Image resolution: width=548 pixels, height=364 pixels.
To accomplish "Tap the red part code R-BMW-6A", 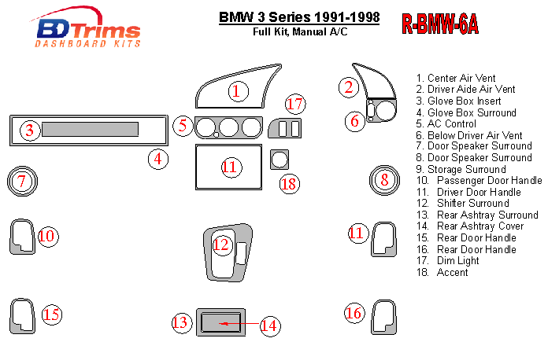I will pos(440,24).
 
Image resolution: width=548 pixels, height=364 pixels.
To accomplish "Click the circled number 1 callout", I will pos(235,91).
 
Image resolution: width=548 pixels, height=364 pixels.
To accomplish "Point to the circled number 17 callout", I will pos(295,103).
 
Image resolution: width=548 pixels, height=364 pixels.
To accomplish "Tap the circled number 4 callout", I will pos(159,159).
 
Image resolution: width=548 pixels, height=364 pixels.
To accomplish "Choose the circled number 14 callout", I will pos(270,325).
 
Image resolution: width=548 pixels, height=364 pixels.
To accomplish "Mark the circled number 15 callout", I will pos(51,314).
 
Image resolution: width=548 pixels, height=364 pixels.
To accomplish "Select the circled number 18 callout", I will pos(290,184).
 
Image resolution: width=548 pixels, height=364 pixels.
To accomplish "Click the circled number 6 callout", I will pos(354,120).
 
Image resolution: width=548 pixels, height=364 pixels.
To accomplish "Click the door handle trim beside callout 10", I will pos(22,237).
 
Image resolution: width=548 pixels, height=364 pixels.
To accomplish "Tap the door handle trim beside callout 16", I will pos(383,315).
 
